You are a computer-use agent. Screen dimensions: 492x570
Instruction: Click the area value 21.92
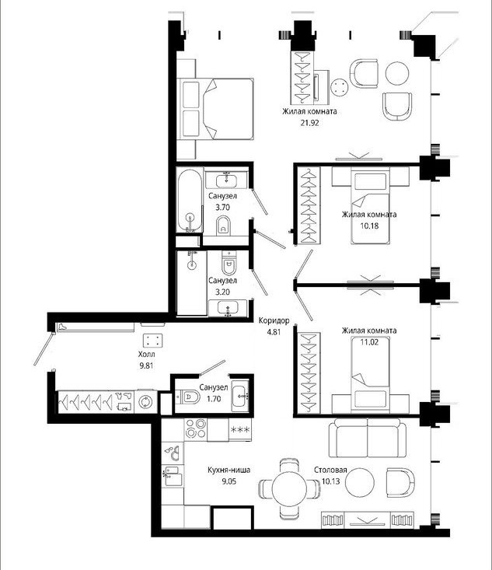point(309,123)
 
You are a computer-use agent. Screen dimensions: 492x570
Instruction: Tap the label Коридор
point(274,320)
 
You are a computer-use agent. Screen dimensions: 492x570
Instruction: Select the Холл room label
point(146,354)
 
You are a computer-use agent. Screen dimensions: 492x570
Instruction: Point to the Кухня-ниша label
point(229,470)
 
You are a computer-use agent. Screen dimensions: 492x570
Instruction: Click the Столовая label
point(330,470)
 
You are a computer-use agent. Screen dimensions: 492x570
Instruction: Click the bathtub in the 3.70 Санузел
point(190,201)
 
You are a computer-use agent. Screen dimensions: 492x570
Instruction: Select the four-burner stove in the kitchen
point(196,429)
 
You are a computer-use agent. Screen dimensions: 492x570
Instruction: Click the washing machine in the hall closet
point(145,402)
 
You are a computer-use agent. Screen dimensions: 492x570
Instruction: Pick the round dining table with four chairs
point(290,488)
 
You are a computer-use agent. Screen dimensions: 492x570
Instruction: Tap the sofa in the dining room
point(368,438)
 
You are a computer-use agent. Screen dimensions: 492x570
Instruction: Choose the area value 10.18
point(369,226)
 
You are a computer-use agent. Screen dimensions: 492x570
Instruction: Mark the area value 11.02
point(369,342)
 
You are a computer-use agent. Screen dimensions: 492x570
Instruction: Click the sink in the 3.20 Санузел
point(228,308)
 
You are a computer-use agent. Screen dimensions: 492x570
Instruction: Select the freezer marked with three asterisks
point(240,430)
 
